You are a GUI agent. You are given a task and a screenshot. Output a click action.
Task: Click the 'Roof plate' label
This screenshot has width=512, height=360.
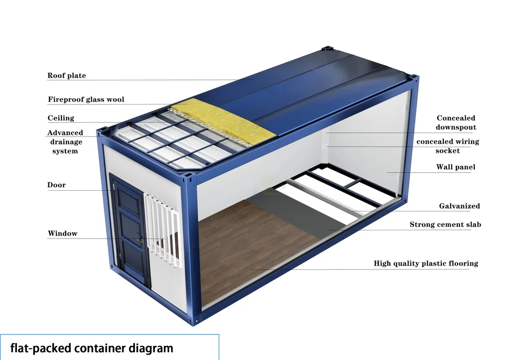(x=67, y=75)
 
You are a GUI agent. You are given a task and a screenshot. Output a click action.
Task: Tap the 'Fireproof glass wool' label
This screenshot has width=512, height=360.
(x=86, y=99)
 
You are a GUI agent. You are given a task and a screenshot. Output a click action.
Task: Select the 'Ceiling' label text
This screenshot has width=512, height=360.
(x=61, y=118)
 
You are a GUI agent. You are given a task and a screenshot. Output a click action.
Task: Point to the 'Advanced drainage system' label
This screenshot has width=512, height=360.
(x=65, y=142)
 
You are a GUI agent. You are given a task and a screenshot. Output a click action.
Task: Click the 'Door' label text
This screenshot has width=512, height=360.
(x=57, y=185)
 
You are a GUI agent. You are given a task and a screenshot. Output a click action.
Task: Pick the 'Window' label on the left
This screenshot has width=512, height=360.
(x=63, y=233)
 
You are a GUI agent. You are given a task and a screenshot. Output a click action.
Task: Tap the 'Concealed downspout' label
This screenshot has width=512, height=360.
(x=456, y=122)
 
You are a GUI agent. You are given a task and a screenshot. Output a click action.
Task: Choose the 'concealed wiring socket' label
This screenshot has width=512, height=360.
(x=448, y=146)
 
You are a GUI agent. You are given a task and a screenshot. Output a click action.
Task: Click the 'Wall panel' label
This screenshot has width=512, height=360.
(x=456, y=167)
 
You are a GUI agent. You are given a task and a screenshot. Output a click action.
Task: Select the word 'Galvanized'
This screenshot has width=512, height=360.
(x=459, y=206)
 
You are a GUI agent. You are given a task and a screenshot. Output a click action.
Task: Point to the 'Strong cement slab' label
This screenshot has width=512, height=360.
(x=445, y=225)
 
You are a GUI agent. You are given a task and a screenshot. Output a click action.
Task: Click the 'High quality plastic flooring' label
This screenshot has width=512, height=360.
(x=426, y=263)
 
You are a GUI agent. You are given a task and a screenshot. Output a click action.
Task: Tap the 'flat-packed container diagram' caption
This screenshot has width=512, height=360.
(x=92, y=348)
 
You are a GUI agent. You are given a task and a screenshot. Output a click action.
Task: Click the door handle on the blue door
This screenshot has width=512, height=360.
(x=142, y=242)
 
